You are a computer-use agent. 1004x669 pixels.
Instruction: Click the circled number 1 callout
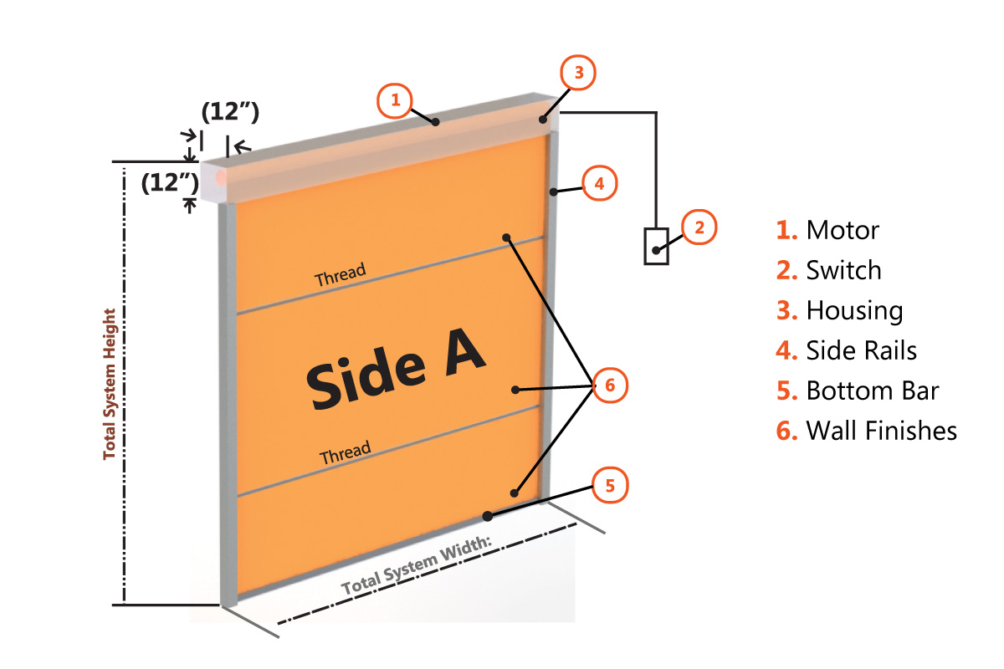click(x=395, y=101)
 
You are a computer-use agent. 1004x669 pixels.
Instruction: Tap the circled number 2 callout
click(x=699, y=227)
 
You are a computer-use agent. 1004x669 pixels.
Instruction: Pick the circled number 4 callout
click(x=600, y=183)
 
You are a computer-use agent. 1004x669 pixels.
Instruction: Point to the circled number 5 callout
click(x=611, y=484)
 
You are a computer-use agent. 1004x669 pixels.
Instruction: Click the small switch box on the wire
click(x=656, y=246)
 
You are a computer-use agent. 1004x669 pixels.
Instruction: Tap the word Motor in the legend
click(x=843, y=230)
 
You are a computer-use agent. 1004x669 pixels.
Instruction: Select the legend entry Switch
click(x=843, y=270)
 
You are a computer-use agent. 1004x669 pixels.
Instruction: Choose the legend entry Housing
click(x=854, y=310)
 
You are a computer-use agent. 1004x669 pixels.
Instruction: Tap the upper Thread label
click(x=340, y=276)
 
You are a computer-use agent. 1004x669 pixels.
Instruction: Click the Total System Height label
click(x=110, y=384)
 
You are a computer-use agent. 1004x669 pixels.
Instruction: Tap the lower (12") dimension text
click(x=170, y=182)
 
